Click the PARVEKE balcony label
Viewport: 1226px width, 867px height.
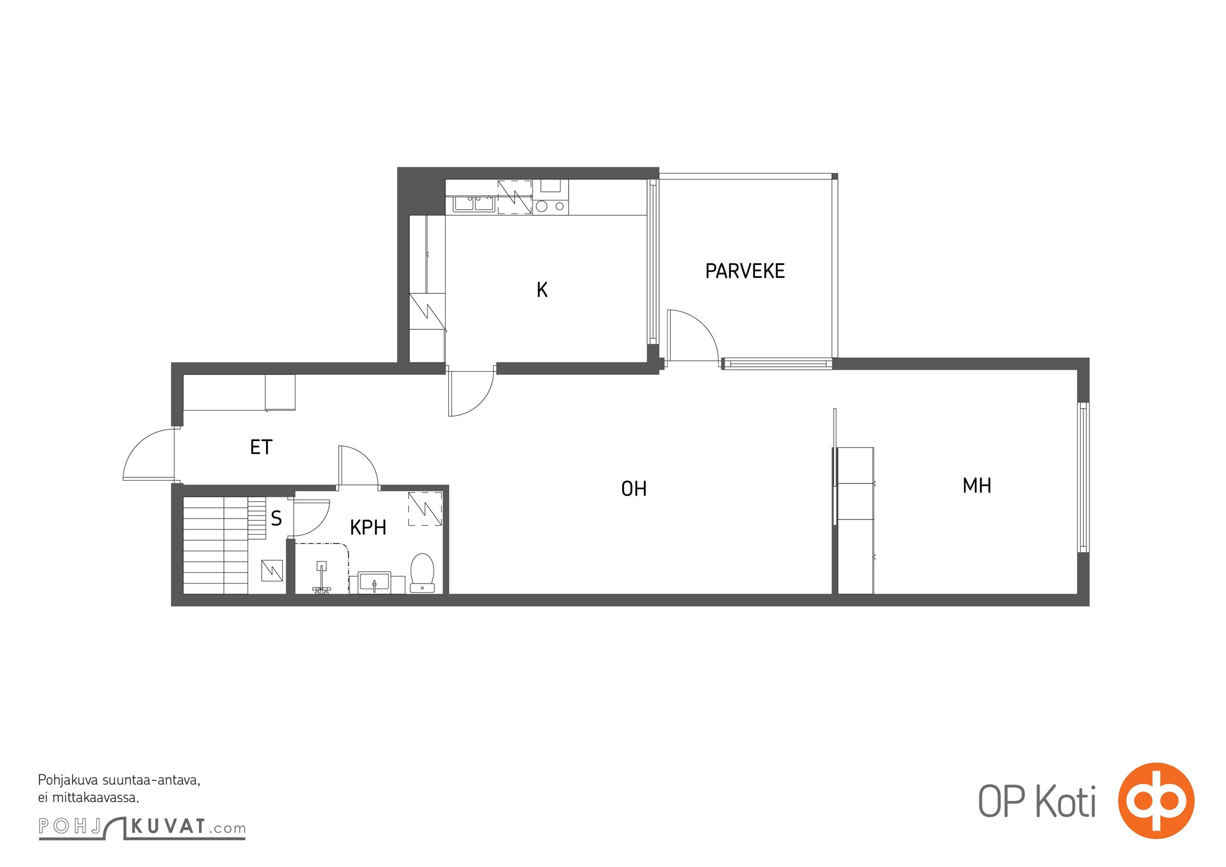coord(745,271)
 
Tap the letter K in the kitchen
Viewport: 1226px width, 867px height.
coord(542,290)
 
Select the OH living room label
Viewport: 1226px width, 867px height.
coord(634,489)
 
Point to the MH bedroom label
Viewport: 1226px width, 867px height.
coord(977,486)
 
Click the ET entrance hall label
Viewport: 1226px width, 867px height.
coord(261,447)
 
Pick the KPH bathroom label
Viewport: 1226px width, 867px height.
coord(368,527)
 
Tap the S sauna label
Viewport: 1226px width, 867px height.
coord(276,519)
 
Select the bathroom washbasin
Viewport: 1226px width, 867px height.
coord(375,583)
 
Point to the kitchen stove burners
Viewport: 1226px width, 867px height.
coord(551,206)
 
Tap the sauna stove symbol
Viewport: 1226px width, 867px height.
coord(272,570)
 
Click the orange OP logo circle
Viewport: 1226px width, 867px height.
coord(1156,800)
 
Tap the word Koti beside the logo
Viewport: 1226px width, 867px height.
coord(1066,801)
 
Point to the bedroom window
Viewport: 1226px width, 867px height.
coord(1083,477)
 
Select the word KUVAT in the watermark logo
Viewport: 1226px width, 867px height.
coord(168,826)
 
